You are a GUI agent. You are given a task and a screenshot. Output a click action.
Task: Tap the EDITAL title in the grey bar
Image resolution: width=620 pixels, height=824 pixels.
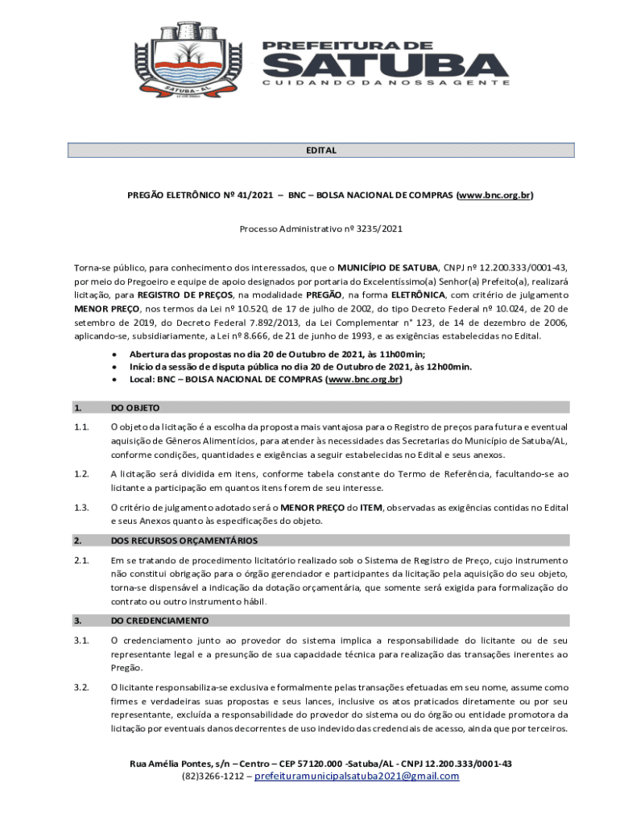click(320, 150)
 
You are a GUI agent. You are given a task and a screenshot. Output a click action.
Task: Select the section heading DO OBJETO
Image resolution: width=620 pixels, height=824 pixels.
click(135, 408)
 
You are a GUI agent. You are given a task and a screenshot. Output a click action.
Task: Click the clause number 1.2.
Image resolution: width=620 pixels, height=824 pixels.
click(80, 474)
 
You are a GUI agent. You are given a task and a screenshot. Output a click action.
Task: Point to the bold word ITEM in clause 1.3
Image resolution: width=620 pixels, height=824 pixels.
click(371, 508)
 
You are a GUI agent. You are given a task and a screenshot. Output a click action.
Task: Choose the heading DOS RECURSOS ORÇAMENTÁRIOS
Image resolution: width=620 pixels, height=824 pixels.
click(184, 540)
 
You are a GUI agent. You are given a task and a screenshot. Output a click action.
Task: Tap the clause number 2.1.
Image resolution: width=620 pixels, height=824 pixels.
click(80, 560)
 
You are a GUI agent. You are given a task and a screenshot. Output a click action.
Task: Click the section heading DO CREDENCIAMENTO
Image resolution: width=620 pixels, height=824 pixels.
click(159, 620)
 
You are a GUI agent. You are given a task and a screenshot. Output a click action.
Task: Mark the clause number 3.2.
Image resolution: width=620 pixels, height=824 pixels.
click(80, 687)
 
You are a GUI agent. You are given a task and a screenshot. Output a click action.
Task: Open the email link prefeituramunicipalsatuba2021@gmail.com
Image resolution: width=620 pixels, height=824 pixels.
click(357, 777)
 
